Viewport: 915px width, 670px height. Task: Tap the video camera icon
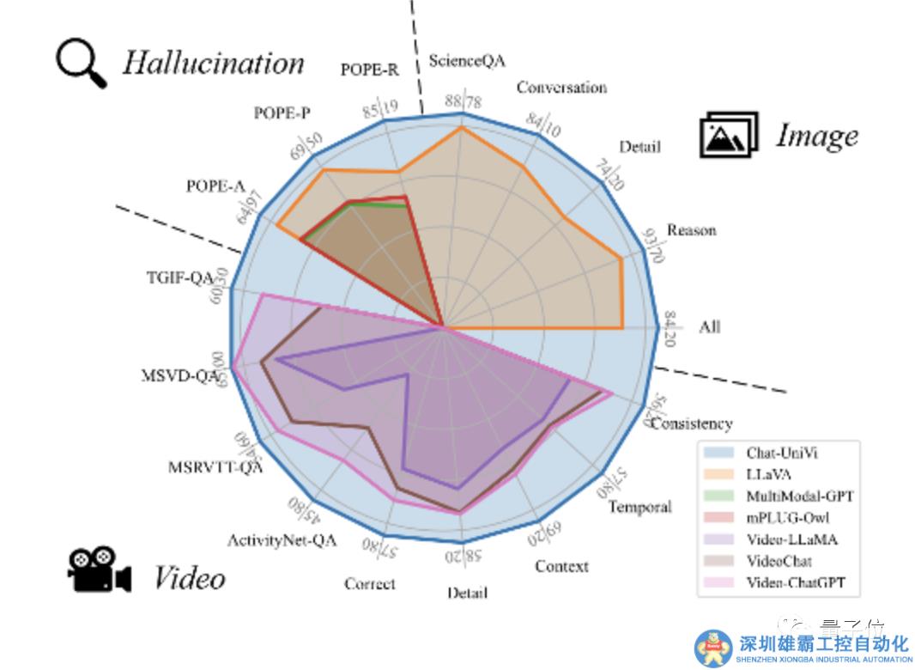pyautogui.click(x=99, y=569)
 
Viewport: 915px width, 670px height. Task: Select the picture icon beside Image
pyautogui.click(x=729, y=136)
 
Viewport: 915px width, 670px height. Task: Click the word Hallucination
pyautogui.click(x=213, y=63)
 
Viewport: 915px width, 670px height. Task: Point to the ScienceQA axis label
pyautogui.click(x=467, y=60)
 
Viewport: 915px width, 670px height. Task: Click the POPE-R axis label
pyautogui.click(x=369, y=70)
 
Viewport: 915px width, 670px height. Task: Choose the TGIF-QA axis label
pyautogui.click(x=179, y=277)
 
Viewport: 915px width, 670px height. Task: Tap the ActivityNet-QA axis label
pyautogui.click(x=282, y=540)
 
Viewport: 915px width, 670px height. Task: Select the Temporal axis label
pyautogui.click(x=639, y=507)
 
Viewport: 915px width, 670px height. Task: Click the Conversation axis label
pyautogui.click(x=561, y=88)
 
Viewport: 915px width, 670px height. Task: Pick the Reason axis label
pyautogui.click(x=691, y=230)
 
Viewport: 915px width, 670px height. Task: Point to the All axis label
pyautogui.click(x=709, y=326)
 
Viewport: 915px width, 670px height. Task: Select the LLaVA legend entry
pyautogui.click(x=769, y=474)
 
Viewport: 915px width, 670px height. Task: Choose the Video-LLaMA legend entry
pyautogui.click(x=791, y=539)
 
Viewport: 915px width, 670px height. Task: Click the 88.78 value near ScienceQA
pyautogui.click(x=464, y=101)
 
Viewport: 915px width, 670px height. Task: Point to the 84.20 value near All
pyautogui.click(x=670, y=326)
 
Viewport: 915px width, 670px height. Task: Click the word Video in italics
pyautogui.click(x=189, y=578)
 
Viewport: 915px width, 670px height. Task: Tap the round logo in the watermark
pyautogui.click(x=713, y=649)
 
